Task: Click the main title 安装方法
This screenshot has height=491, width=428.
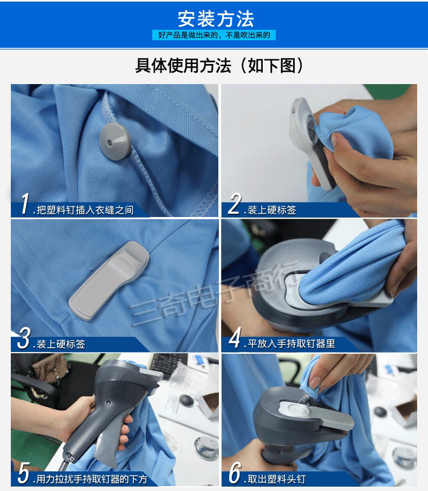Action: coord(216,19)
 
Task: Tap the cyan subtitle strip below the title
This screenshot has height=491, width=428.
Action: coord(214,35)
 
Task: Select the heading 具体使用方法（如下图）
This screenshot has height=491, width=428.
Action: coord(219,66)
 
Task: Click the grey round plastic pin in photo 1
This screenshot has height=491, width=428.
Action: coord(114,141)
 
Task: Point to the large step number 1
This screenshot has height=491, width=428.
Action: coord(25,203)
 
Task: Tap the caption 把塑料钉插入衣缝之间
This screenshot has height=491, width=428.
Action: coord(85,210)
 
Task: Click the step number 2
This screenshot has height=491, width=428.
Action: coord(235,203)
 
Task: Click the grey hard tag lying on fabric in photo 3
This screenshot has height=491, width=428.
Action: coord(108,280)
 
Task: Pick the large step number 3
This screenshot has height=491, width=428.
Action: coord(24,338)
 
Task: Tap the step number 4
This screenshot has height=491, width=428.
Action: coord(235,337)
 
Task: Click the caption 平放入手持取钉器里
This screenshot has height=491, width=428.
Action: coord(291,344)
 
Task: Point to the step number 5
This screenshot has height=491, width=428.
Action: coord(24,473)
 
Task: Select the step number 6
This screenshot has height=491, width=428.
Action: coord(235,473)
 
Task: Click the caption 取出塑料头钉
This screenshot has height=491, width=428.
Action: coord(276,479)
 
